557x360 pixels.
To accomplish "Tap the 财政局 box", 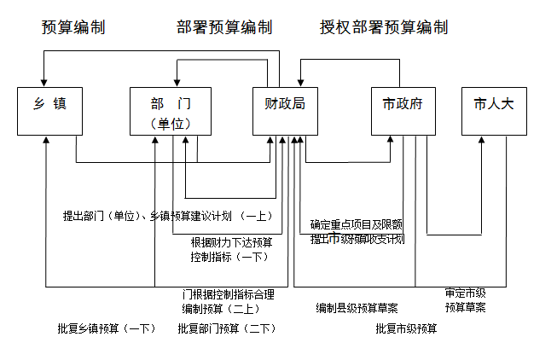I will pos(285,110).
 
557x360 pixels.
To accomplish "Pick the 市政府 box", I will pos(403,110).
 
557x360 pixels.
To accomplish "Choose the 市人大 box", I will pos(495,110).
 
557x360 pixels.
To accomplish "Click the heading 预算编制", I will pos(73,27).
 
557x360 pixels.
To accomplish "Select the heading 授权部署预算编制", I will pos(384,27).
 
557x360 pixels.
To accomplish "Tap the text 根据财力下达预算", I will pos(232,241).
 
